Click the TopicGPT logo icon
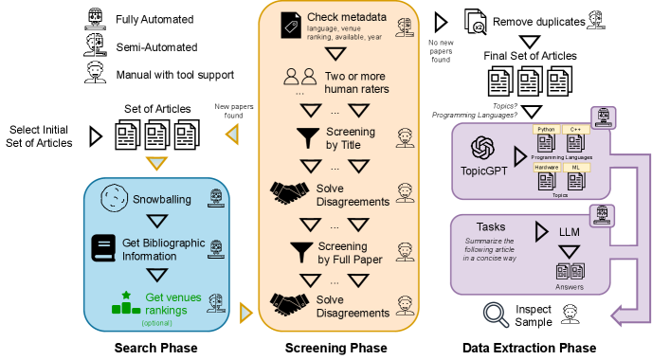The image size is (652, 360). tap(482, 148)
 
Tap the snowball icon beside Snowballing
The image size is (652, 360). tap(115, 198)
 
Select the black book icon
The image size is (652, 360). tap(103, 248)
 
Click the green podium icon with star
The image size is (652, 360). tap(126, 303)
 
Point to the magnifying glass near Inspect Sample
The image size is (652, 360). tap(496, 315)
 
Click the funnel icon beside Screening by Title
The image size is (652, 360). tap(308, 138)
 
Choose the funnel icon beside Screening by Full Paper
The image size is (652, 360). tap(301, 252)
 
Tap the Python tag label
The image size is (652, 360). tap(546, 129)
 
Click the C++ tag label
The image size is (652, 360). tap(575, 129)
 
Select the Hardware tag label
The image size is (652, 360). tap(547, 167)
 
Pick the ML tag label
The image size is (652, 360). tap(576, 167)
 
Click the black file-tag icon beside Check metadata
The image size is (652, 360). tap(291, 26)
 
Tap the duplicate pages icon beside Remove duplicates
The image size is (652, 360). tap(475, 22)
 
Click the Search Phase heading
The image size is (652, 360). tap(156, 348)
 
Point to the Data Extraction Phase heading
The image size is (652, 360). tap(530, 348)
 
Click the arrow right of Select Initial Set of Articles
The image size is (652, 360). tap(96, 135)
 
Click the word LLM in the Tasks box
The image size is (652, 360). tap(570, 232)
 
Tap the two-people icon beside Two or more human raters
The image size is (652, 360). tap(299, 77)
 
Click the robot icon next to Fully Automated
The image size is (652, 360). tap(95, 19)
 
